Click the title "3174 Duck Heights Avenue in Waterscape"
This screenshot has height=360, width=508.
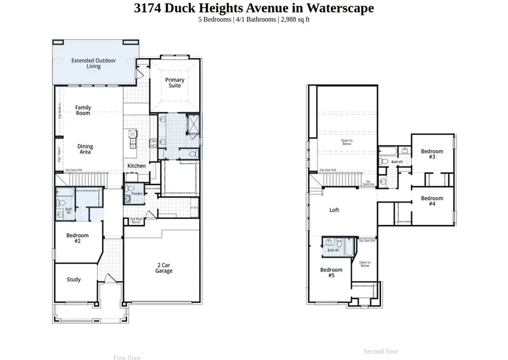(253, 8)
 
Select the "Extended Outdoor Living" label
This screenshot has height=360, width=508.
(94, 63)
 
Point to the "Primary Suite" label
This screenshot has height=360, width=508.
(174, 83)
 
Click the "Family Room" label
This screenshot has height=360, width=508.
(83, 110)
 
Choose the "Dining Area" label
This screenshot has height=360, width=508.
(85, 149)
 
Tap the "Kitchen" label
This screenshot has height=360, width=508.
(136, 166)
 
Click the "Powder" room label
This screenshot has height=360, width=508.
(137, 194)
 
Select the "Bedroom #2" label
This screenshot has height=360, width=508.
(77, 238)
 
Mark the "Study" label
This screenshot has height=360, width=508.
(74, 279)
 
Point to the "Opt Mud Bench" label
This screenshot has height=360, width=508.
(135, 221)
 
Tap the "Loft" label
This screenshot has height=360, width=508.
(334, 210)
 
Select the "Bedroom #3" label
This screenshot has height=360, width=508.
(432, 154)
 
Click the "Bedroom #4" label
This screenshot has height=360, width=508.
(432, 201)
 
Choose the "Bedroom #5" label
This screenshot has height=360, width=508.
(331, 273)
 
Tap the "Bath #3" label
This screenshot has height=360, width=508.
(397, 162)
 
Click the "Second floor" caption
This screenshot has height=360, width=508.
(380, 351)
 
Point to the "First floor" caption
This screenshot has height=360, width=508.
(127, 357)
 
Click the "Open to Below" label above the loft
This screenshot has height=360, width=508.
(346, 142)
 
